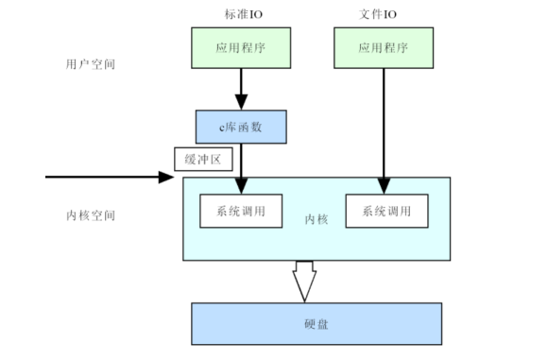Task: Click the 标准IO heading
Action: click(243, 14)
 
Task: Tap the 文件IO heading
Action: click(378, 14)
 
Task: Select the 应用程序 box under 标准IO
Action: click(241, 48)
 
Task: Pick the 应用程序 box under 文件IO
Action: click(384, 48)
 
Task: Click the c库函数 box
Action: click(241, 127)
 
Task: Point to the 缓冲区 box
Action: click(203, 160)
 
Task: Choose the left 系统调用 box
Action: click(241, 211)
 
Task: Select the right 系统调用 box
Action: click(386, 211)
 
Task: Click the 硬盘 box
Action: click(317, 324)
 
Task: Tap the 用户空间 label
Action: click(91, 64)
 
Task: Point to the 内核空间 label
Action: click(91, 215)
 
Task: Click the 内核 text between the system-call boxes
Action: click(317, 219)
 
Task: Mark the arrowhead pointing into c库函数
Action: click(241, 102)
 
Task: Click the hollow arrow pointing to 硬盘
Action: click(304, 282)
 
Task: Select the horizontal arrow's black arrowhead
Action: click(166, 177)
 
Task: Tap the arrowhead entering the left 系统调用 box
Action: click(241, 186)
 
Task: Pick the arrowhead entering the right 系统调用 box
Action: click(384, 186)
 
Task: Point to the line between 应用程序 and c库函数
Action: click(241, 81)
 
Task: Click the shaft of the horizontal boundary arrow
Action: click(102, 177)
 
